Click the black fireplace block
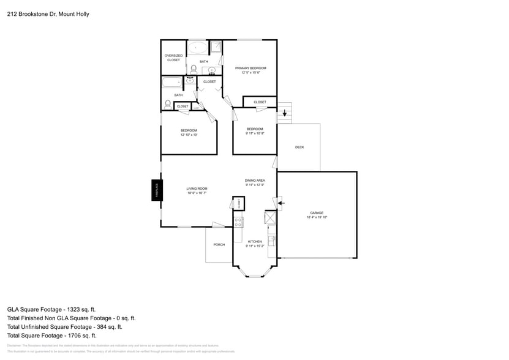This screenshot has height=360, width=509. coord(156,190)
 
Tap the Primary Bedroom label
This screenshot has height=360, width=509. coord(251,68)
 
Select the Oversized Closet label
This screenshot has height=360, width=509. coord(173,58)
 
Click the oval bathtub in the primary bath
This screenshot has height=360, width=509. coord(197,48)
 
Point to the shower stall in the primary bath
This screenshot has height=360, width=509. coord(216,46)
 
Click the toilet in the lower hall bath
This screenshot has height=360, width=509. coord(168,104)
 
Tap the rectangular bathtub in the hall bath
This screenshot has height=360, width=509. coord(172,83)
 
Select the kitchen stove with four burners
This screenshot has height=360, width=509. coord(239,222)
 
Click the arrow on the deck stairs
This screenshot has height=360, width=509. coord(284,113)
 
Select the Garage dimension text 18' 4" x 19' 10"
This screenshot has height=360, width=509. coord(317,217)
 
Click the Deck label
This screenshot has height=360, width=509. coord(300,147)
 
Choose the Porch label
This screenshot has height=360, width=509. coord(219,244)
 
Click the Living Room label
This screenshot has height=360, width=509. coord(197,188)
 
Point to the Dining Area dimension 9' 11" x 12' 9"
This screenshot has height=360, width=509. coord(255,184)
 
